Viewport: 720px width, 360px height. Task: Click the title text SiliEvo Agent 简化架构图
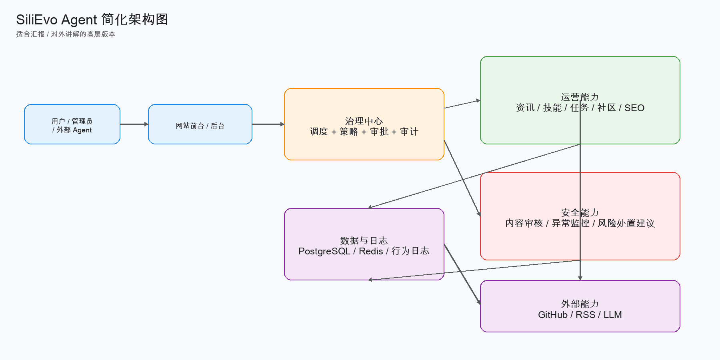point(92,20)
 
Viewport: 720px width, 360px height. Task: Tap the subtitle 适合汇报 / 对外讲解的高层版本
point(66,34)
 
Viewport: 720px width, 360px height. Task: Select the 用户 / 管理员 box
point(72,124)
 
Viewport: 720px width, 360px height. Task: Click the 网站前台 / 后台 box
point(200,124)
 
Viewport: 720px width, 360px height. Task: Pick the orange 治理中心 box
point(364,124)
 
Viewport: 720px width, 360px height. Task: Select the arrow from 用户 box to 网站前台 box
point(134,124)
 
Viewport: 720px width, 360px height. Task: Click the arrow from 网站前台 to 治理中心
point(268,124)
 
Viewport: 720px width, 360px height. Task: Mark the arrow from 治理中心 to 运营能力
point(462,104)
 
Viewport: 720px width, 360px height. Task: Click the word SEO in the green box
point(634,108)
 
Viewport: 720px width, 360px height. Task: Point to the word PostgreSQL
point(324,251)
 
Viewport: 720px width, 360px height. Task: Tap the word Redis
point(371,251)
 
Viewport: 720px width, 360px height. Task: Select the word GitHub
point(552,315)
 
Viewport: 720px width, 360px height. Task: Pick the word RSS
point(585,315)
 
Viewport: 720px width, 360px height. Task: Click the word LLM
point(612,315)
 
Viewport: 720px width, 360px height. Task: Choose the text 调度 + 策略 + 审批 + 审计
point(364,132)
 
